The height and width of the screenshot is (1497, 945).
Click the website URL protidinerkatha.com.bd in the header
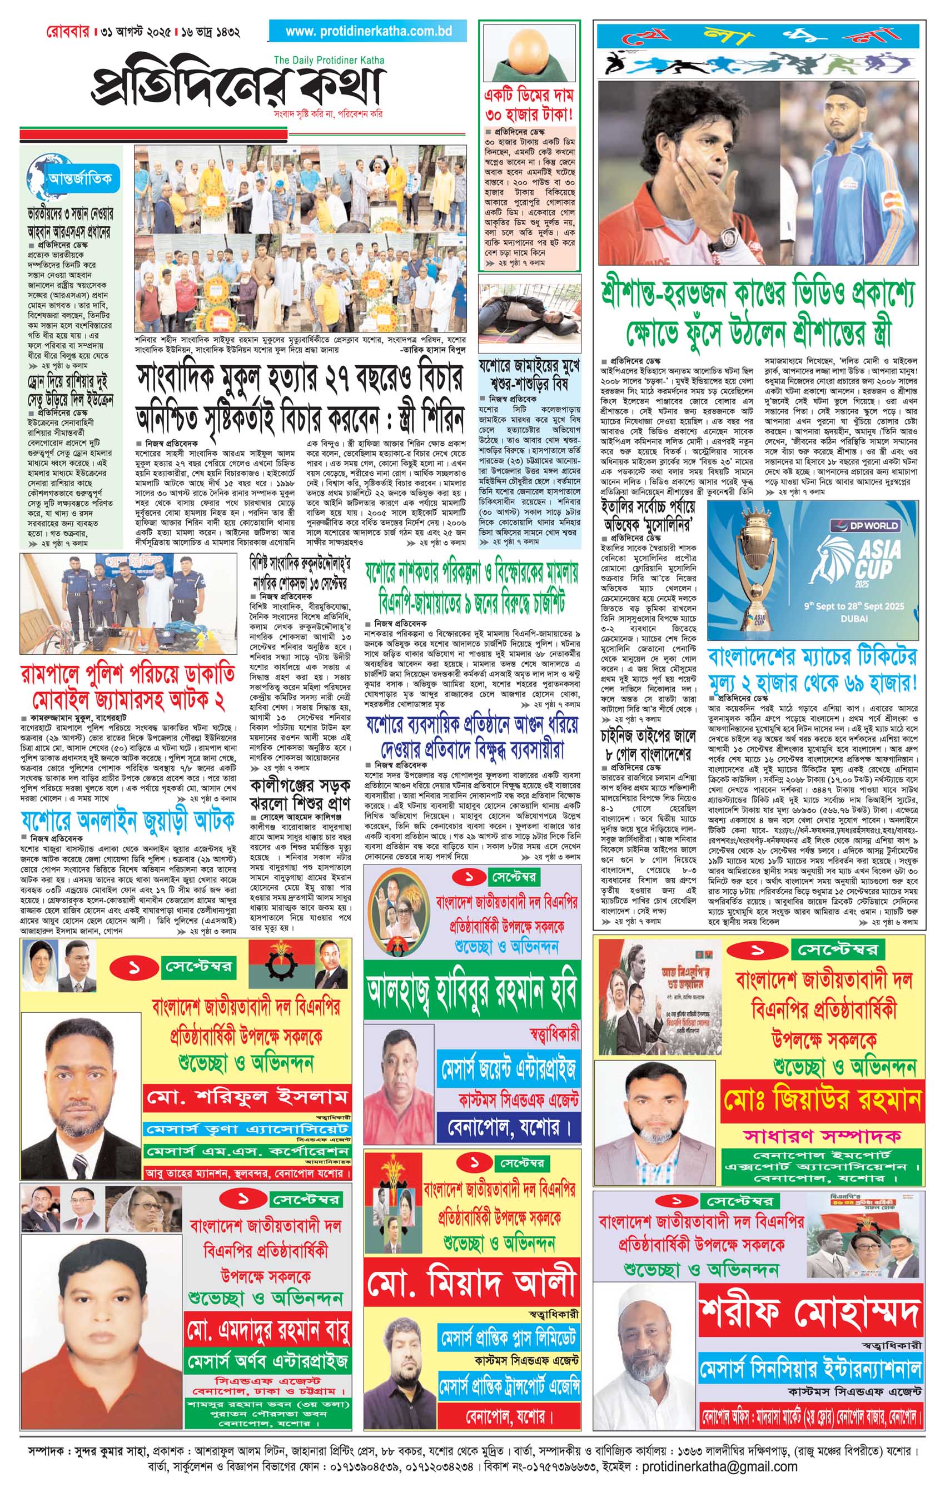(x=368, y=31)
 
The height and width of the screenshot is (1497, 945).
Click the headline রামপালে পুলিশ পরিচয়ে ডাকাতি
(x=128, y=674)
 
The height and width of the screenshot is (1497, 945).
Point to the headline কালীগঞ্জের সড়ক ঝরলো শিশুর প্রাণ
(x=300, y=793)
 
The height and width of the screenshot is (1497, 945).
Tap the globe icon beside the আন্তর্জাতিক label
(x=39, y=179)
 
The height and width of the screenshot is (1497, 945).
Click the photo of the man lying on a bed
(x=529, y=316)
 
